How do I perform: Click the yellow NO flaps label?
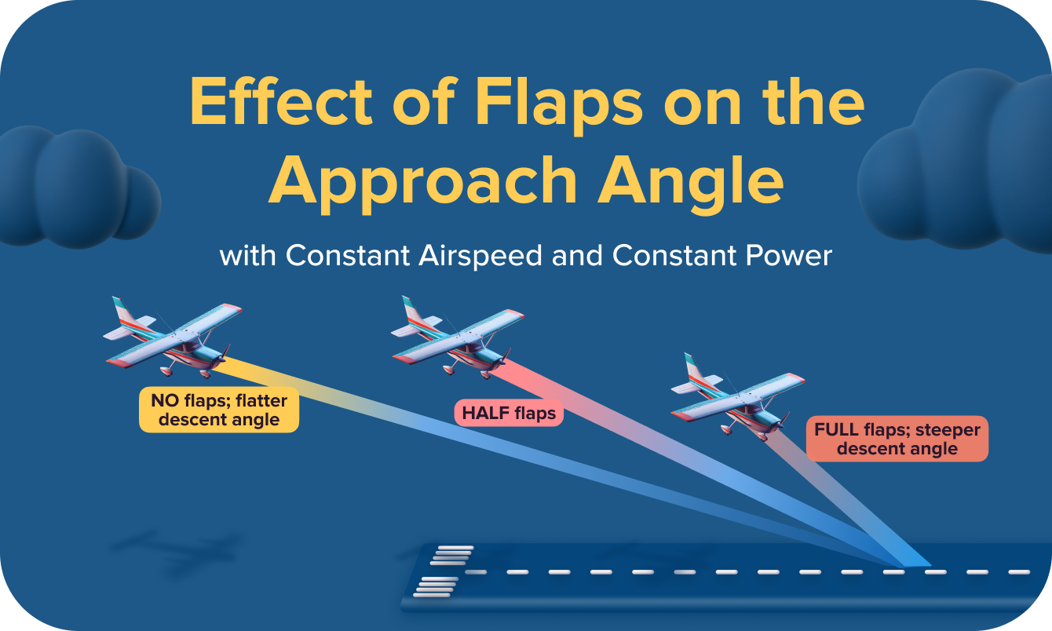point(219,410)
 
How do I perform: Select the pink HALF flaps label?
point(509,413)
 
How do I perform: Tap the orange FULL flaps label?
point(897,439)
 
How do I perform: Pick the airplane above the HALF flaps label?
point(459,337)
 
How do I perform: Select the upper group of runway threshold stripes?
point(451,556)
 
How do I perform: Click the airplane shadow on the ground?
point(177,549)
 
